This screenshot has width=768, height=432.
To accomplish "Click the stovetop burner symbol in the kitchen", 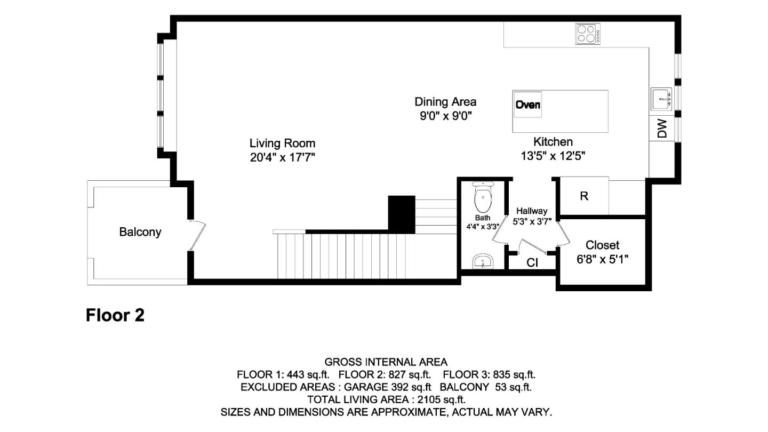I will [x=588, y=34].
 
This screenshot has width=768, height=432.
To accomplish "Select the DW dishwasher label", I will [x=662, y=129].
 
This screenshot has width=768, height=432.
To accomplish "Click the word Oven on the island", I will [x=527, y=105].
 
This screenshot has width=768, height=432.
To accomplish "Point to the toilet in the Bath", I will [x=483, y=198].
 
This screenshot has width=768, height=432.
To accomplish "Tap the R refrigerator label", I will [x=584, y=196].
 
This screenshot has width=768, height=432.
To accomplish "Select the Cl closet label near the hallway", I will [x=532, y=262].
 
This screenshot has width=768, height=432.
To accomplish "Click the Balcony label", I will [x=140, y=233].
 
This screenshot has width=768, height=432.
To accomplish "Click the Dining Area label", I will [x=445, y=101].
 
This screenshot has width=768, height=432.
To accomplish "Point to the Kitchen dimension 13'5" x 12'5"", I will [x=553, y=156].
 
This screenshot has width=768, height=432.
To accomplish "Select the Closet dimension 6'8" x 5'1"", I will [x=603, y=259].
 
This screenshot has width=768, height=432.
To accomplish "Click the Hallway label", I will [x=531, y=211].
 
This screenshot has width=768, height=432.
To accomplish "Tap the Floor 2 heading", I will [x=115, y=316].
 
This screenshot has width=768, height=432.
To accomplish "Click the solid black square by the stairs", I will [x=401, y=213].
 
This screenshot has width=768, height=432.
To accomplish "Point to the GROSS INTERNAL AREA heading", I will [x=386, y=362].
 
